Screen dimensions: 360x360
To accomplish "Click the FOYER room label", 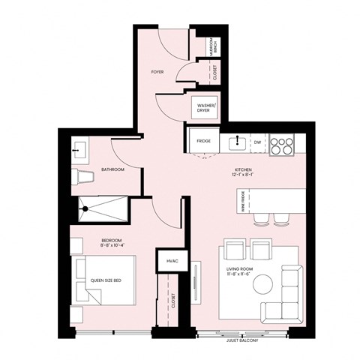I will [x=157, y=73].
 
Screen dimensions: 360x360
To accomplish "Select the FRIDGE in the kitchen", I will [x=203, y=140].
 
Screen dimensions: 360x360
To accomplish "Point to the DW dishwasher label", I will [x=257, y=140].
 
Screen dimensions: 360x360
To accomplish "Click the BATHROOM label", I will [x=112, y=170].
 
